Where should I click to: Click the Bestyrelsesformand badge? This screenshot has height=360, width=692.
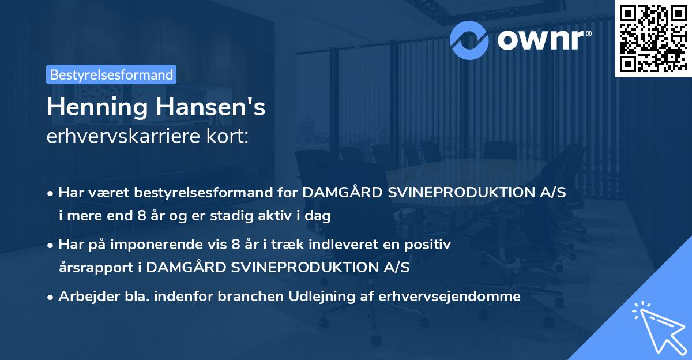[111, 74]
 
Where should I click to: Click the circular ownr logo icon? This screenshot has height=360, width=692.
[469, 39]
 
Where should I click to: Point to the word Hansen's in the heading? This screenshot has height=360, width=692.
[212, 107]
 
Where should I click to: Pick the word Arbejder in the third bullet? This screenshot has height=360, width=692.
[83, 297]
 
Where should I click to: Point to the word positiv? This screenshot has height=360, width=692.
[430, 245]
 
